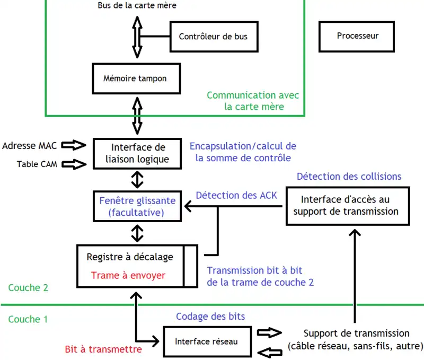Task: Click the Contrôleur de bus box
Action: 213,37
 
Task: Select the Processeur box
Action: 358,36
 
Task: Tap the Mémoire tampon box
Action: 135,79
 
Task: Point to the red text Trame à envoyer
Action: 128,275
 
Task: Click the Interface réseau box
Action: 206,341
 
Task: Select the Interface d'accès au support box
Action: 349,206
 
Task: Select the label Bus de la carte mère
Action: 137,5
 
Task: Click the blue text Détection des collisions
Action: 349,176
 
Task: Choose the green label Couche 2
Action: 29,288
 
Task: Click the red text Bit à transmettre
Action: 103,349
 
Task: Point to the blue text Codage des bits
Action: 210,317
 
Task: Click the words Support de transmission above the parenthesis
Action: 356,333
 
